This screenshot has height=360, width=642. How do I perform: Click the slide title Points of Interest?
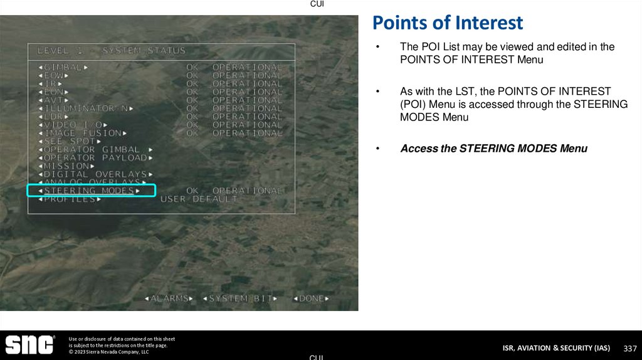click(447, 23)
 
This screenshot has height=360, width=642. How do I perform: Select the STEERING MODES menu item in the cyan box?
click(88, 191)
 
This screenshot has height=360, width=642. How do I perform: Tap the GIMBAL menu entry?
click(63, 67)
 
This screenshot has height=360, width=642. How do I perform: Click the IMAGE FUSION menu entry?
click(83, 133)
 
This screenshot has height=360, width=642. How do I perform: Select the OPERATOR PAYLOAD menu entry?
click(95, 158)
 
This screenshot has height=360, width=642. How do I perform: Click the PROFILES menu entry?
click(69, 199)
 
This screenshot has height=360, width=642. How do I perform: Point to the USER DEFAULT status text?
click(199, 199)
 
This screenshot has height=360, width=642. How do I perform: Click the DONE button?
click(312, 299)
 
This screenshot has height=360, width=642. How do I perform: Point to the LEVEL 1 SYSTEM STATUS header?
click(112, 50)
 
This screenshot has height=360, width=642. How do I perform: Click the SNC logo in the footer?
click(29, 345)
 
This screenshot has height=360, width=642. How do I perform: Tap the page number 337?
click(629, 348)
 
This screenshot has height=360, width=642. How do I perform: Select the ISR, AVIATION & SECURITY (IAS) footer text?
click(556, 348)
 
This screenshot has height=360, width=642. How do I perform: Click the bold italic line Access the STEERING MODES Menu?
click(493, 149)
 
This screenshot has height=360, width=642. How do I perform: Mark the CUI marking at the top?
click(317, 4)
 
